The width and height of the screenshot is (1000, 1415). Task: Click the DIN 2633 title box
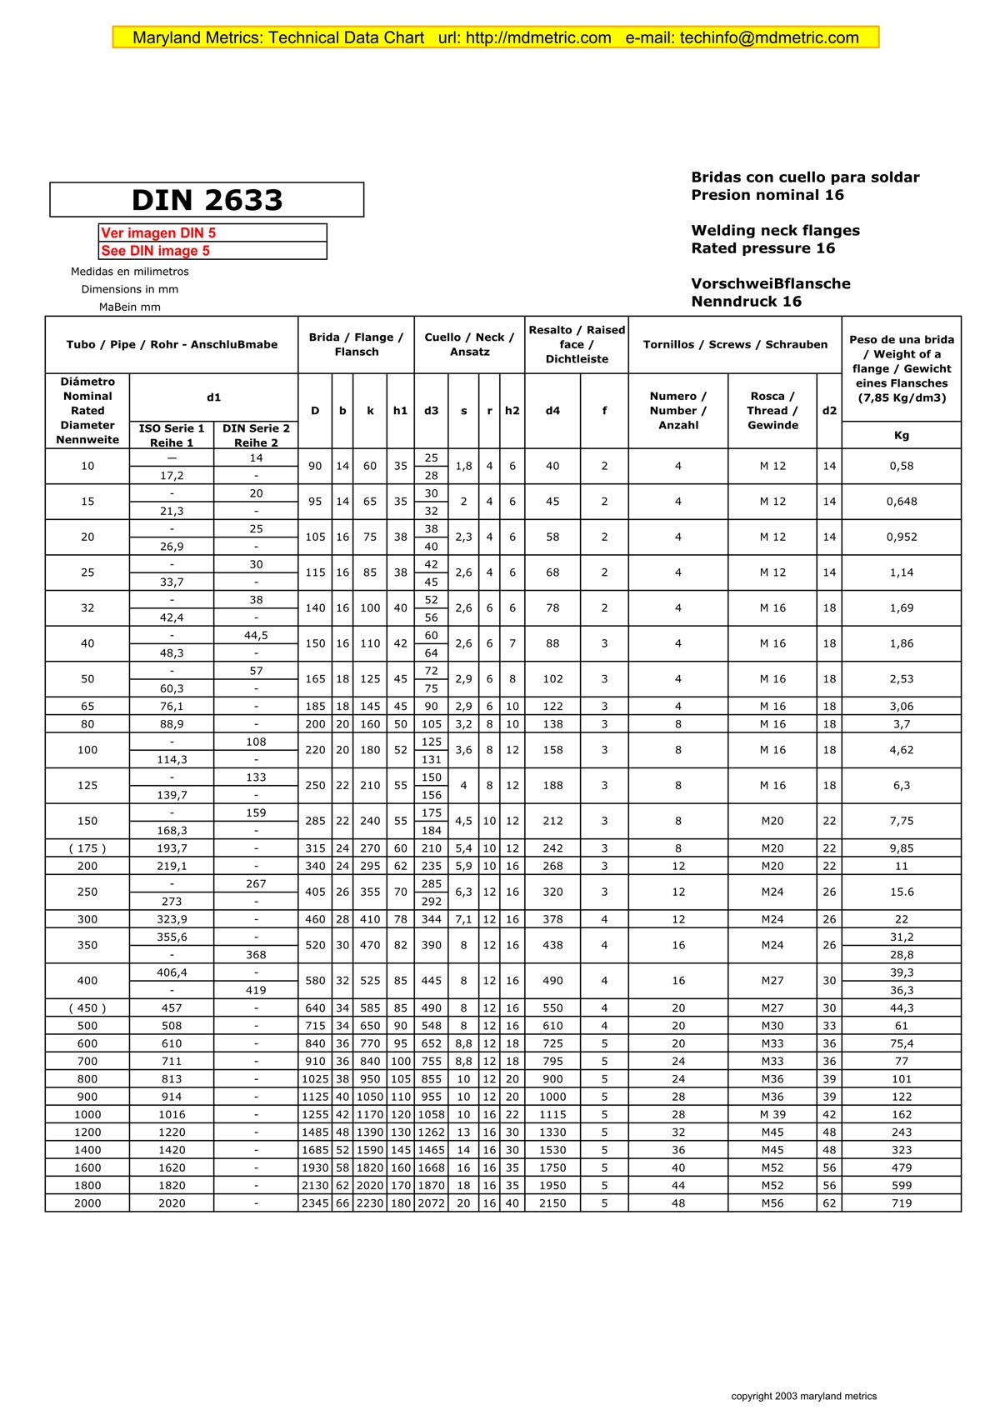[207, 200]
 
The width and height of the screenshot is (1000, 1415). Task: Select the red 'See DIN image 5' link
[156, 251]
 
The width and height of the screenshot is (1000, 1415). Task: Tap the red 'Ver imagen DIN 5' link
[158, 233]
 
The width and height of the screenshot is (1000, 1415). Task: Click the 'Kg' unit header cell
[901, 435]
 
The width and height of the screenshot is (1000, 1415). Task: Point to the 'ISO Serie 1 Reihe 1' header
[172, 435]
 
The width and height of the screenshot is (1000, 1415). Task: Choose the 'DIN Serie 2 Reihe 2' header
[256, 435]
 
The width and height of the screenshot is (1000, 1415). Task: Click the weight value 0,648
[901, 502]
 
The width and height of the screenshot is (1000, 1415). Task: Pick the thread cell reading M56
[772, 1203]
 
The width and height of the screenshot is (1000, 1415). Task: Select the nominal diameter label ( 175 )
[87, 848]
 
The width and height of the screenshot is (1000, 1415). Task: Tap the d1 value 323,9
[172, 919]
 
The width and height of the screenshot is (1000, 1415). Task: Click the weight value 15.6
[901, 892]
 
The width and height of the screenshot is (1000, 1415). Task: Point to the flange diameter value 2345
[315, 1203]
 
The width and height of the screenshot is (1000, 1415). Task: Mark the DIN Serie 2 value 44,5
[256, 635]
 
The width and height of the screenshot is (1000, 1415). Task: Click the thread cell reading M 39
[772, 1114]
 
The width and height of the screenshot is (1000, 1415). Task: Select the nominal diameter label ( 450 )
[87, 1008]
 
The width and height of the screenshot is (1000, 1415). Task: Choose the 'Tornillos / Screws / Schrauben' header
[735, 345]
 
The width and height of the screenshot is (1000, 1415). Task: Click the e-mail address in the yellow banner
[769, 37]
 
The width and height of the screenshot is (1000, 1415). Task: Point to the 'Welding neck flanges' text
[775, 231]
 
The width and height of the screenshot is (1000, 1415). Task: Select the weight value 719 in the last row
[901, 1203]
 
